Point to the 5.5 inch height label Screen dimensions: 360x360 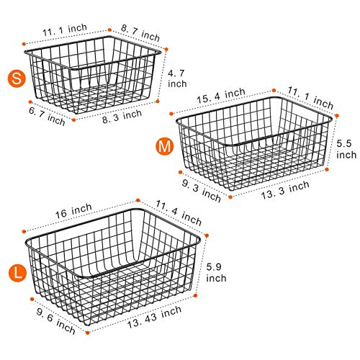point(346,149)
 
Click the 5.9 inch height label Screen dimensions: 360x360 point(215,274)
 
